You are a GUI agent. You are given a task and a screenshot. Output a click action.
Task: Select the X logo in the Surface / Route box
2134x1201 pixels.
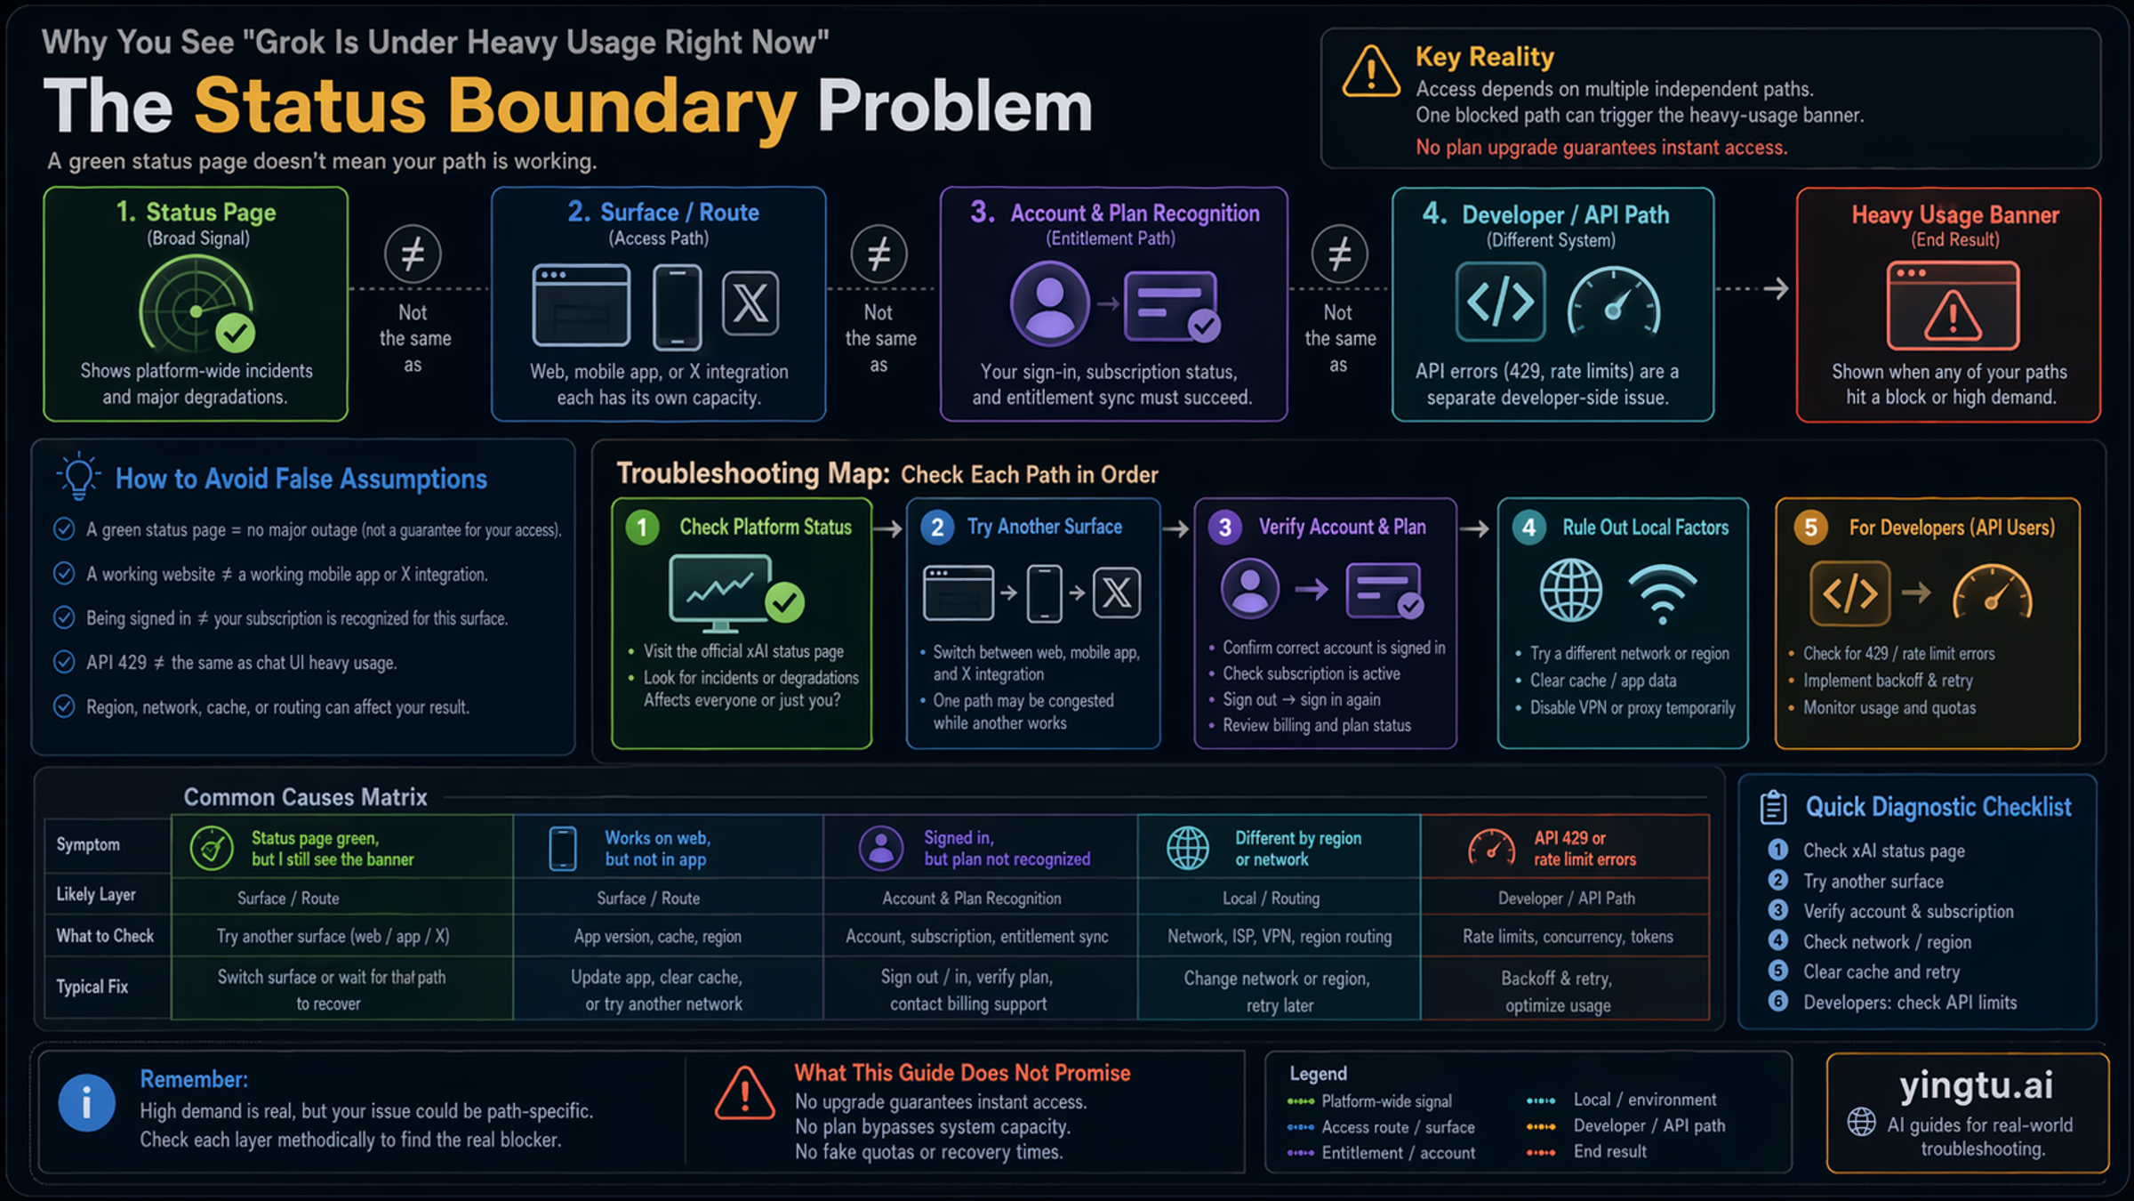coord(750,303)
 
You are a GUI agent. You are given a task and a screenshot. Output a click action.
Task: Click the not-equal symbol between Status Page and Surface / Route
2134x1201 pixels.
coord(413,254)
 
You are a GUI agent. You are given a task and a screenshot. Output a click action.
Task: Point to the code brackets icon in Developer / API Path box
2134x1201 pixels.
coord(1500,302)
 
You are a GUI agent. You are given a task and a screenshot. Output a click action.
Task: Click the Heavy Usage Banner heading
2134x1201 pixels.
coord(1954,215)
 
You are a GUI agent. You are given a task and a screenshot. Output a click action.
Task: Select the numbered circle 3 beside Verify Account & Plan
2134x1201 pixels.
coord(1224,528)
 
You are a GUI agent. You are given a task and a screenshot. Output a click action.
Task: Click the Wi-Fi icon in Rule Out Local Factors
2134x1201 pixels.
coord(1661,592)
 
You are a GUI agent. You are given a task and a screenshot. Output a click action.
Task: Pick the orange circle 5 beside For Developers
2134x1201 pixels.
coord(1810,528)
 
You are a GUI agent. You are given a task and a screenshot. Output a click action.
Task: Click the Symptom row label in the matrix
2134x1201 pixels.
coord(88,844)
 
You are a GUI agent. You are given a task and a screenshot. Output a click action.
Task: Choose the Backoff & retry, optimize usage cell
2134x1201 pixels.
coord(1558,991)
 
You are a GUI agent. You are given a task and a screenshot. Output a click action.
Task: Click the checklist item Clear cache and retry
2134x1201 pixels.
coord(1881,971)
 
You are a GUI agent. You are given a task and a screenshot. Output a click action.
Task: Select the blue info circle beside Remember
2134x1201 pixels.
coord(86,1103)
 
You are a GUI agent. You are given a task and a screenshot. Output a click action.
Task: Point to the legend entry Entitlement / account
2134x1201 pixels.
coord(1398,1153)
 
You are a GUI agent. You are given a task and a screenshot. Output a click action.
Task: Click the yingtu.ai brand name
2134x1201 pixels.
coord(1976,1085)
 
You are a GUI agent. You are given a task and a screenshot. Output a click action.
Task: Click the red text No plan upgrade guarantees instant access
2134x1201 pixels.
coord(1600,148)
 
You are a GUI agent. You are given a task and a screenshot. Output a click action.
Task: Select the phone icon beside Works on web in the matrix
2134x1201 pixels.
coord(563,848)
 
